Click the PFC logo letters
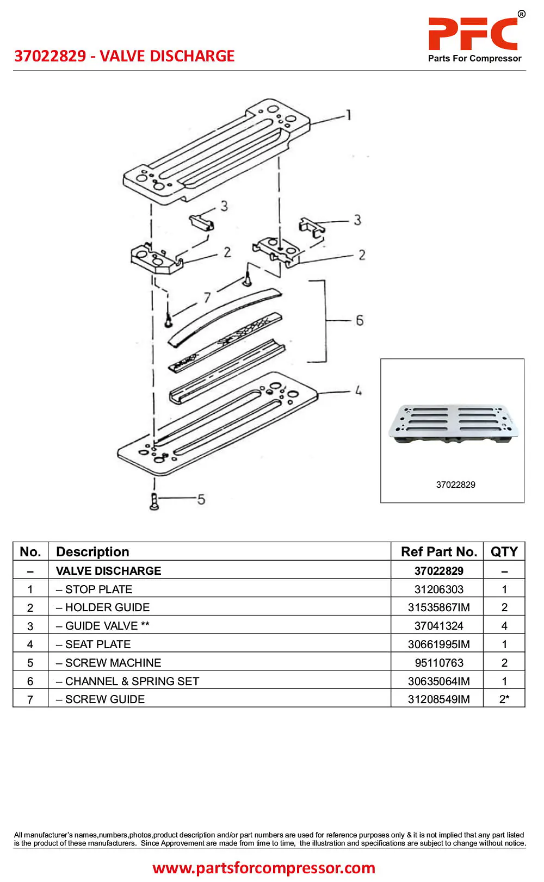pyautogui.click(x=473, y=34)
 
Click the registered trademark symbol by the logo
pyautogui.click(x=521, y=14)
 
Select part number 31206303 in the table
pyautogui.click(x=438, y=589)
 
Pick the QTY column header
pyautogui.click(x=504, y=551)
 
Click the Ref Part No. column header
pyautogui.click(x=438, y=551)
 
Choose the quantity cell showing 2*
pyautogui.click(x=504, y=699)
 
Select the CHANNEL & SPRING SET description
pyautogui.click(x=128, y=681)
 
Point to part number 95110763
pyautogui.click(x=438, y=663)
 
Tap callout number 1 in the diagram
pyautogui.click(x=348, y=115)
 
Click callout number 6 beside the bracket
pyautogui.click(x=359, y=320)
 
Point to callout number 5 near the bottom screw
pyautogui.click(x=201, y=499)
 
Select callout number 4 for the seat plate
pyautogui.click(x=358, y=390)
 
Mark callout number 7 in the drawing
pyautogui.click(x=207, y=297)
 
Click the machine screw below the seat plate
pyautogui.click(x=154, y=502)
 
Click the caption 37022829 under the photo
pyautogui.click(x=455, y=485)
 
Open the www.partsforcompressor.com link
pyautogui.click(x=263, y=867)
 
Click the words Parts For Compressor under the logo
pyautogui.click(x=475, y=58)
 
